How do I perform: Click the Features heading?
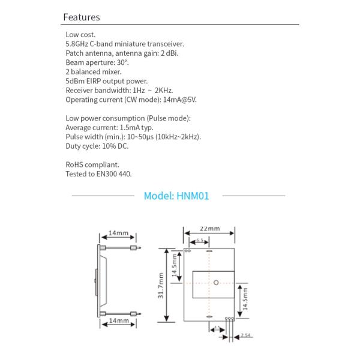point(82,17)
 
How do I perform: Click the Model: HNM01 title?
point(176,196)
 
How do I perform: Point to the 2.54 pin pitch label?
point(244,335)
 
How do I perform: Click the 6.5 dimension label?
point(200,241)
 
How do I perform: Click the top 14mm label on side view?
point(119,233)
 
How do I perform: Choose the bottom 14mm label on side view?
point(119,322)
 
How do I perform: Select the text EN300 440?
point(113,174)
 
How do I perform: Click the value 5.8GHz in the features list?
point(77,44)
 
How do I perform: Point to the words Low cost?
point(80,35)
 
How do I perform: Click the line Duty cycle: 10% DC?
point(97,146)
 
